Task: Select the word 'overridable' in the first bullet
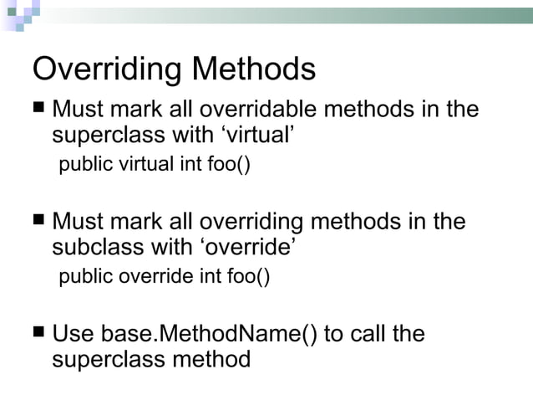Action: [263, 110]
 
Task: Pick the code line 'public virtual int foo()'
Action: [154, 164]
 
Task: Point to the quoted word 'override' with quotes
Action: [251, 247]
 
